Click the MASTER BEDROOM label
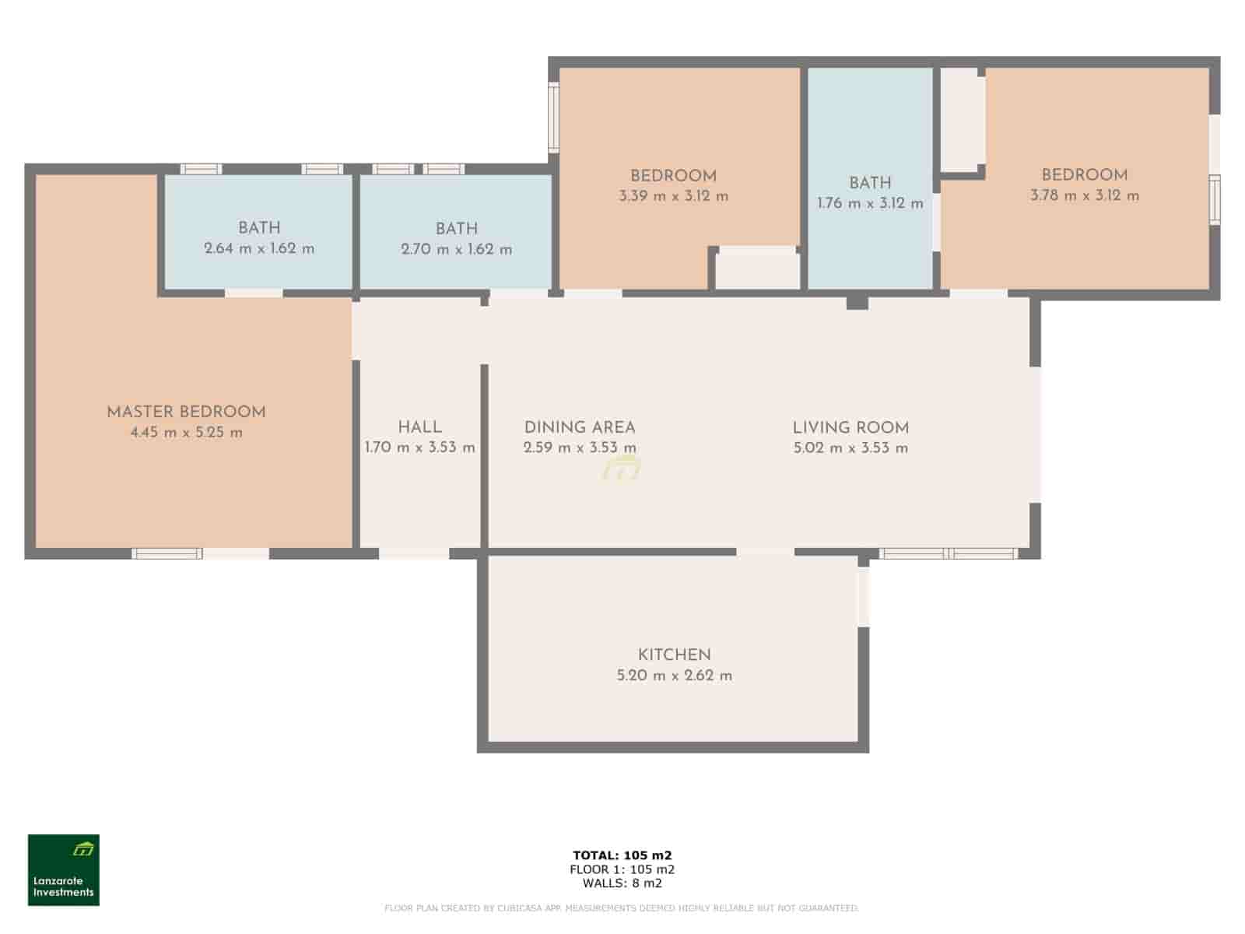(186, 413)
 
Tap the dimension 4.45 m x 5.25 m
(186, 433)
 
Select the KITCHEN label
(674, 655)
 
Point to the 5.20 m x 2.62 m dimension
(674, 676)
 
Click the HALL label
(419, 427)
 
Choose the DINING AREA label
(580, 427)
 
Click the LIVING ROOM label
(850, 427)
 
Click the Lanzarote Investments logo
(64, 870)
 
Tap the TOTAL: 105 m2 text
(622, 855)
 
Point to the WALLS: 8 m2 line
(622, 883)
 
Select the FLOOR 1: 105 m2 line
(622, 869)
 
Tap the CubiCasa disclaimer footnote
(622, 908)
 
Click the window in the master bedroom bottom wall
(167, 554)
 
